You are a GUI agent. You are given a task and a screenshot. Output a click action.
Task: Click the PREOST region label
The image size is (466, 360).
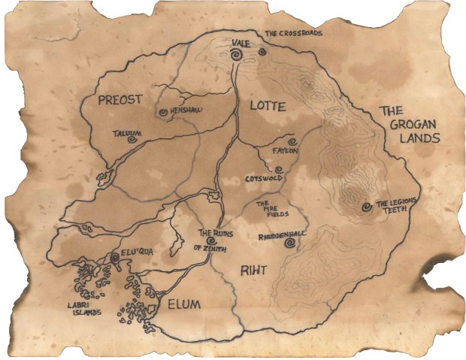pos(121,100)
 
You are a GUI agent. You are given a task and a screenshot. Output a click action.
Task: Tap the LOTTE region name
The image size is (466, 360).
pos(264,107)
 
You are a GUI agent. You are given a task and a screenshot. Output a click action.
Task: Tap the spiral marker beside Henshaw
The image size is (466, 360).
pos(162,112)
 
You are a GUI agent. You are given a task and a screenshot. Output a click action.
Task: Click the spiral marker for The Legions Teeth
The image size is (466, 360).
pos(366,206)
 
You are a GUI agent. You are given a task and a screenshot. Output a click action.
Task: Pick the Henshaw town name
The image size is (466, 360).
pos(187,111)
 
